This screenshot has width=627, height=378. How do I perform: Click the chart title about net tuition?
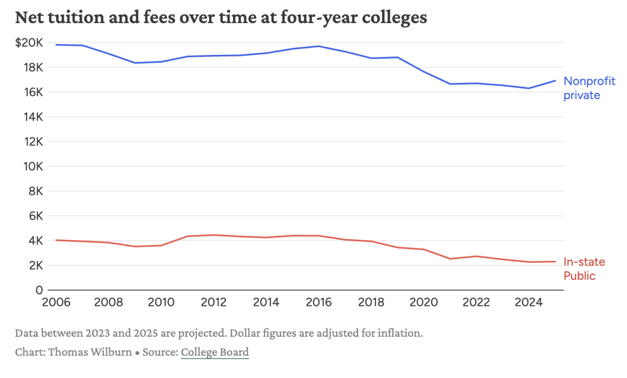click(x=221, y=18)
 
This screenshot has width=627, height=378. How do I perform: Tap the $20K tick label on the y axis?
click(x=29, y=43)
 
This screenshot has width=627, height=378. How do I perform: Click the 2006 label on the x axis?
click(x=55, y=302)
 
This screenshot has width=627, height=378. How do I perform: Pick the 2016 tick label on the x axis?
click(x=318, y=302)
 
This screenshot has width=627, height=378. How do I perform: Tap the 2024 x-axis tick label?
click(x=529, y=302)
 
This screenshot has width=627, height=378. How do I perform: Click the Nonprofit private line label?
click(x=589, y=88)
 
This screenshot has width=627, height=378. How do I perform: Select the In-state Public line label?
click(x=584, y=269)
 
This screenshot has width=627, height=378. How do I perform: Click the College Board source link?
click(x=215, y=352)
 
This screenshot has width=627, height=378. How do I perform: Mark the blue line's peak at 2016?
click(x=319, y=46)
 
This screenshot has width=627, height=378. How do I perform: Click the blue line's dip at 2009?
click(x=135, y=63)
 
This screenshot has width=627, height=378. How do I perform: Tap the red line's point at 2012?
click(x=214, y=235)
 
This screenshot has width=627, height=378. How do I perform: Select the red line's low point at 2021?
click(x=450, y=259)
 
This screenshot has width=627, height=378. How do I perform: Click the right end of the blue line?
click(x=555, y=80)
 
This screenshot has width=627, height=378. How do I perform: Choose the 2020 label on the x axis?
click(x=424, y=302)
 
